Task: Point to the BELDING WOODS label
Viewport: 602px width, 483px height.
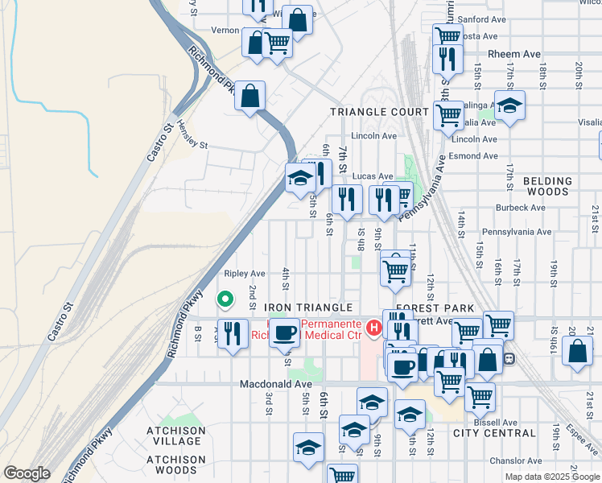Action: [546, 187]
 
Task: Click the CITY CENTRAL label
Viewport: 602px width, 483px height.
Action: [493, 433]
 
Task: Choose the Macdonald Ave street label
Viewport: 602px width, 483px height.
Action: [275, 385]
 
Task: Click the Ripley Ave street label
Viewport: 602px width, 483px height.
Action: [245, 274]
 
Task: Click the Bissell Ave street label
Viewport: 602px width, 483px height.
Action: [495, 422]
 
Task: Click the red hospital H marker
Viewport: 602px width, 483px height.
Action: [373, 328]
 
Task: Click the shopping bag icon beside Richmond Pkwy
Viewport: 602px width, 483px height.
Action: [250, 95]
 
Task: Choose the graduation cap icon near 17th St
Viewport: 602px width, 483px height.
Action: [509, 106]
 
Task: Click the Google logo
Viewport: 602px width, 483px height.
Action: [27, 473]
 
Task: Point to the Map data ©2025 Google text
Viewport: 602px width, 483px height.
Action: [552, 477]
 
